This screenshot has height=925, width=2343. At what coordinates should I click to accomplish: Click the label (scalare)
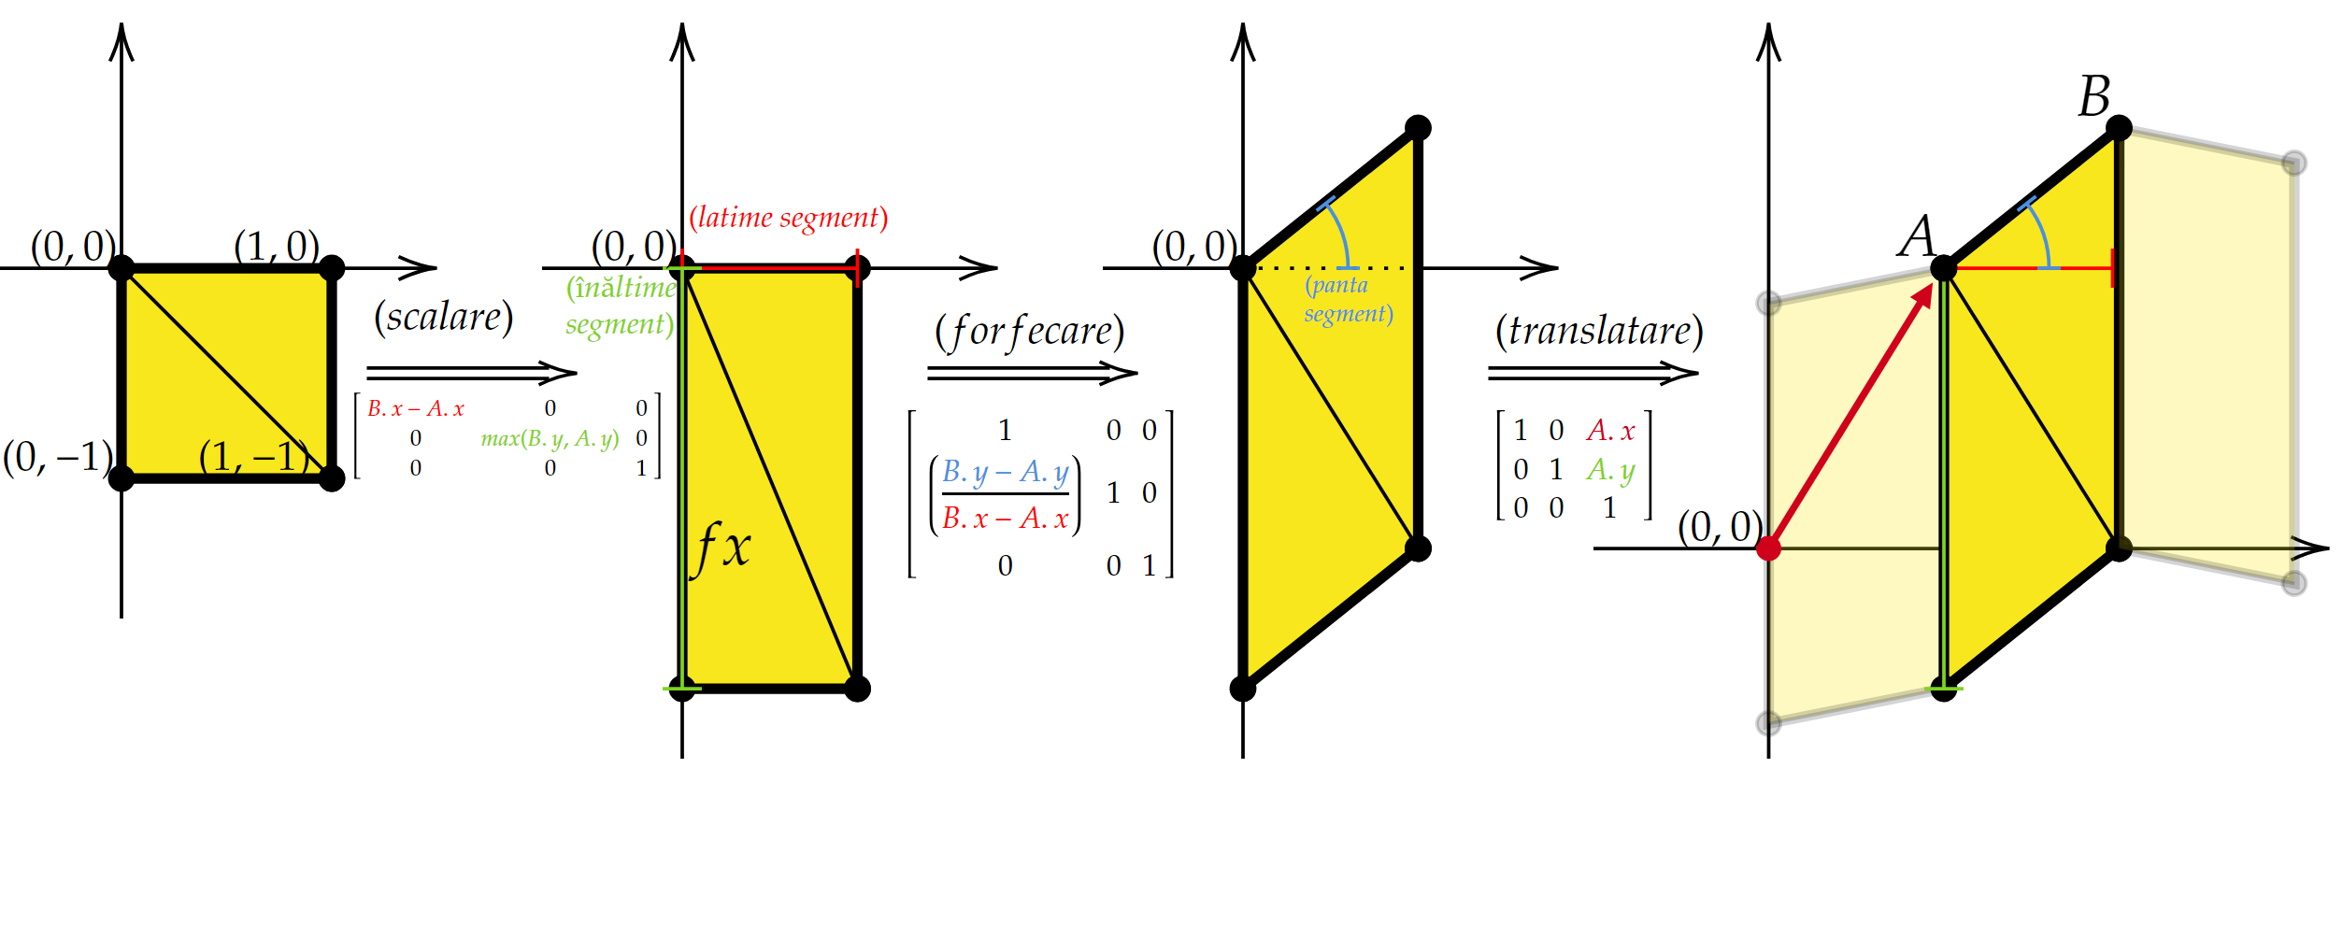click(x=444, y=318)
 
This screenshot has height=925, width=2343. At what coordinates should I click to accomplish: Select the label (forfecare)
click(x=1029, y=332)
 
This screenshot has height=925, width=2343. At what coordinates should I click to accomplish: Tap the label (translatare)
click(x=1599, y=331)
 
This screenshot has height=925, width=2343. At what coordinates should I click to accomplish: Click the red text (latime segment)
click(x=788, y=218)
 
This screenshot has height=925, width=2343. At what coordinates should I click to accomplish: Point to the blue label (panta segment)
click(x=1348, y=299)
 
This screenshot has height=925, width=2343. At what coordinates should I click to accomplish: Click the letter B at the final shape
click(x=2094, y=96)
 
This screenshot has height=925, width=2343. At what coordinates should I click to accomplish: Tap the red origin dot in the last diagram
click(x=1768, y=548)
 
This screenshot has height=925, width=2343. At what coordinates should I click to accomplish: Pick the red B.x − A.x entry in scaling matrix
click(x=416, y=409)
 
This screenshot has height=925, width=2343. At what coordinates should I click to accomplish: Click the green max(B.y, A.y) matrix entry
click(x=550, y=438)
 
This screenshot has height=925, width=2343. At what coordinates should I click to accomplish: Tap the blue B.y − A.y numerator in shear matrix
click(x=1005, y=472)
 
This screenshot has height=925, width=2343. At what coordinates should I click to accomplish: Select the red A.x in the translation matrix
click(x=1610, y=431)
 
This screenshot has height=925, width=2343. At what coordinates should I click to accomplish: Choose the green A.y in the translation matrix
click(x=1610, y=470)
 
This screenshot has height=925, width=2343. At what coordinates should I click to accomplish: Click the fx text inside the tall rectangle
click(x=722, y=547)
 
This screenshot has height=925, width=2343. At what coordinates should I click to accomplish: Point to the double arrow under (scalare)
click(x=471, y=373)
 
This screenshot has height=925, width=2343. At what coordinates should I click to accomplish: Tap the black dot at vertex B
click(x=2119, y=128)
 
